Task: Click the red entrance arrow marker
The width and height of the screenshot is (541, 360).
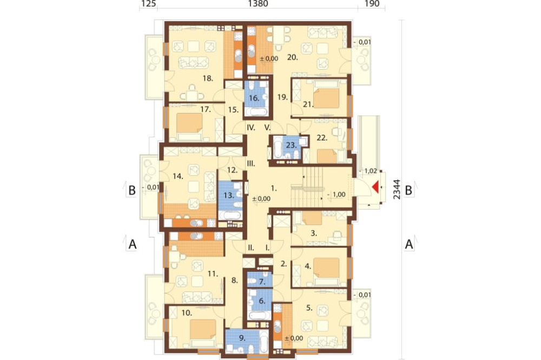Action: coord(375,188)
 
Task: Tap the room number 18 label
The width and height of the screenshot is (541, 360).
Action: coord(208,78)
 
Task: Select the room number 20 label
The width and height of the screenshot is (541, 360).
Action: coord(292,57)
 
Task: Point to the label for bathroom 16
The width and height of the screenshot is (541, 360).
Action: coord(254,98)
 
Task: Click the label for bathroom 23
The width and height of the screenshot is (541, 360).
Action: coord(292,145)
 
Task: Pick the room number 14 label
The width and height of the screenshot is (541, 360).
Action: coord(177,176)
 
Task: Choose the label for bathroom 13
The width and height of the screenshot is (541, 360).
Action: coord(229,195)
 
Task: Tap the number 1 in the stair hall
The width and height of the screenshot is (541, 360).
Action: coord(274,188)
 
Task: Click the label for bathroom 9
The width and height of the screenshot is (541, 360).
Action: coord(242,338)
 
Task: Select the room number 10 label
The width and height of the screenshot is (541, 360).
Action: coord(187,313)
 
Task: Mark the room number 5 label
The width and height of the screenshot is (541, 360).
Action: coord(309,308)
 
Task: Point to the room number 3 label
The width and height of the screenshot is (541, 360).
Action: coord(314,233)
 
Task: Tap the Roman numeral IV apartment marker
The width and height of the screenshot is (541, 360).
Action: coord(251,128)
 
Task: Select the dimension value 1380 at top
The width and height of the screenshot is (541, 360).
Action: coord(258,4)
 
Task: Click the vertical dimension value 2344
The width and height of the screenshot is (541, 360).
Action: coord(397,189)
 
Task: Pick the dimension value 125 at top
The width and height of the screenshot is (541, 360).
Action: coord(148,4)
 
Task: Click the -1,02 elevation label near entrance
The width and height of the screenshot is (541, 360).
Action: coord(368,171)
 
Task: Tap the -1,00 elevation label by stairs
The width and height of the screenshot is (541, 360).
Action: coord(336,195)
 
